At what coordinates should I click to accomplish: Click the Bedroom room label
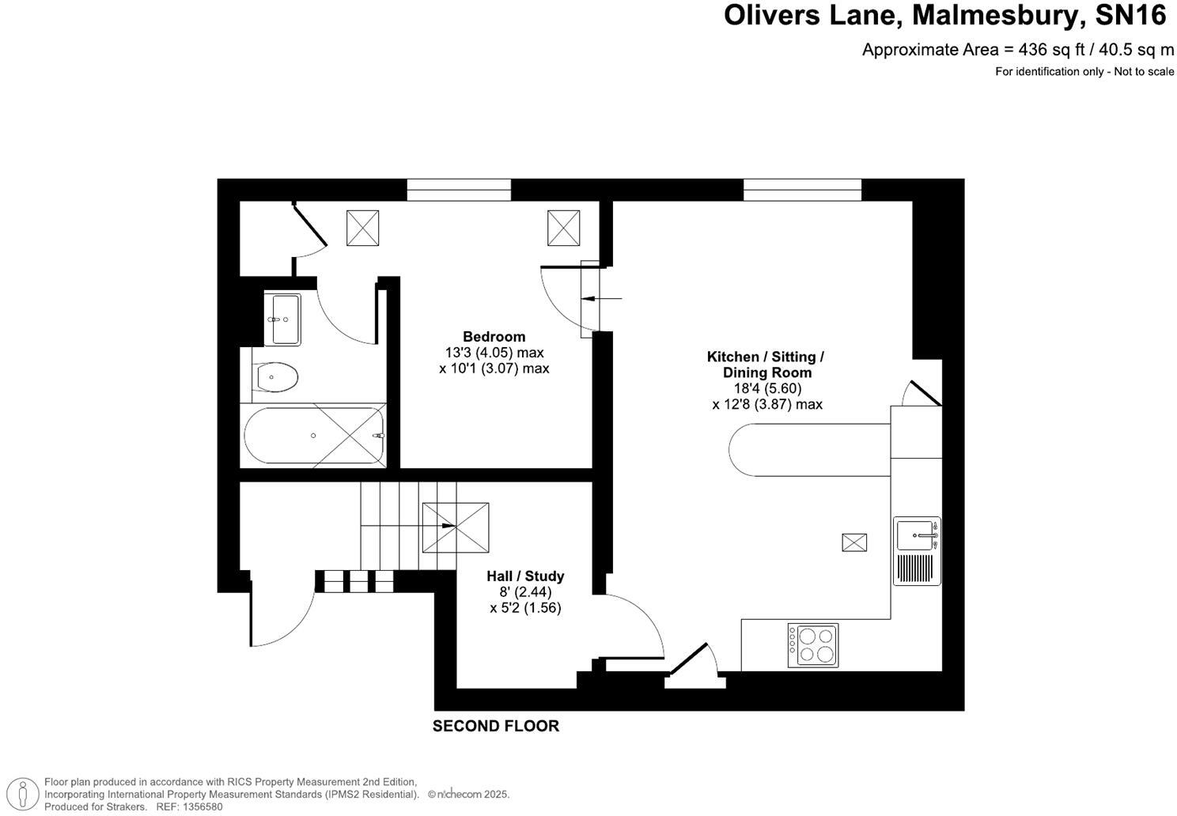click(x=494, y=337)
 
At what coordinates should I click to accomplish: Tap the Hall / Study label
click(x=525, y=576)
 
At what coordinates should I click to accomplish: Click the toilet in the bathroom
click(x=276, y=377)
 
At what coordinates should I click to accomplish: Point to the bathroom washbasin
click(x=285, y=319)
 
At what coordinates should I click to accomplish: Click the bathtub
click(x=314, y=436)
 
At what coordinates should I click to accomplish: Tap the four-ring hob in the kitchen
click(x=813, y=645)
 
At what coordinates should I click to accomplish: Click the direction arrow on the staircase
click(x=448, y=525)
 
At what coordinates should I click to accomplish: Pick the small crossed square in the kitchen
click(x=854, y=542)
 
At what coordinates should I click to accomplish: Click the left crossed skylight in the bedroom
click(x=362, y=229)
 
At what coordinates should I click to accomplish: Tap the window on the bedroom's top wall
click(x=459, y=190)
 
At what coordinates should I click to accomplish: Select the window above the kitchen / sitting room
click(x=801, y=190)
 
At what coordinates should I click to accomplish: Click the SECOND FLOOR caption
click(x=495, y=726)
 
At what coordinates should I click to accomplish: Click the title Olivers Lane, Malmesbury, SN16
click(x=944, y=15)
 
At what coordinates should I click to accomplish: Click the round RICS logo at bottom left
click(x=27, y=793)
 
